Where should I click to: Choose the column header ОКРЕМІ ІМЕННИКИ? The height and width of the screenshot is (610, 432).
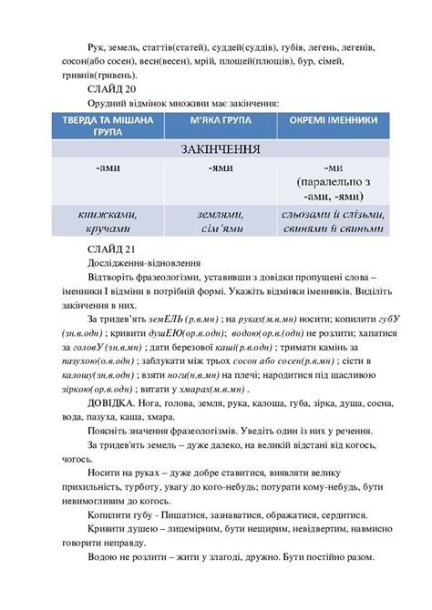[320, 121]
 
